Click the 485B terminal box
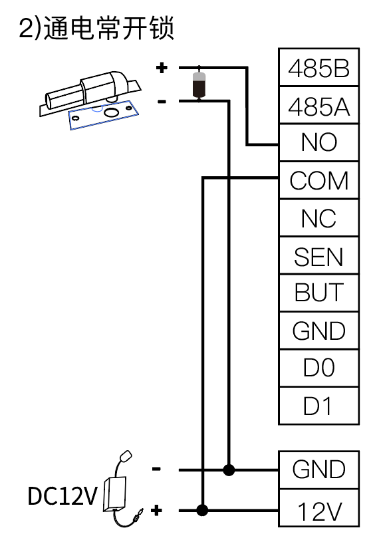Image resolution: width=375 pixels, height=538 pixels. tap(318, 67)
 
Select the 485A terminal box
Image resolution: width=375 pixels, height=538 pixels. tap(318, 105)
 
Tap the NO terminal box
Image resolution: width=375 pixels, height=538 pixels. tap(318, 143)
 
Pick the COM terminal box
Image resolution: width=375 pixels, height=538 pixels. tap(318, 180)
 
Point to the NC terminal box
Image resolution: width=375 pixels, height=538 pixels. tap(318, 218)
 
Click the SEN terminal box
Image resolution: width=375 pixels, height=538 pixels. tap(318, 255)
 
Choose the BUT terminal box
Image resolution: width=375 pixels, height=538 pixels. tap(318, 293)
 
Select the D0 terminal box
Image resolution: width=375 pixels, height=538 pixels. tap(318, 368)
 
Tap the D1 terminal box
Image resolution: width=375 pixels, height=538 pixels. tap(318, 406)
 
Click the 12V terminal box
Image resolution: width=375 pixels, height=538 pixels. tap(318, 508)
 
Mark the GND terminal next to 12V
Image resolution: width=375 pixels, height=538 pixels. tap(318, 470)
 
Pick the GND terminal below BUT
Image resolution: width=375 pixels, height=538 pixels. tap(318, 331)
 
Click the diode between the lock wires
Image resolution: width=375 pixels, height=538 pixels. tap(199, 84)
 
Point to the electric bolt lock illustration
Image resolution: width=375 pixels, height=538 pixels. tap(90, 100)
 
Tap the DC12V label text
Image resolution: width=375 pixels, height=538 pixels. tap(62, 496)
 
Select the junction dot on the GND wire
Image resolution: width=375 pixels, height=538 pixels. tap(229, 470)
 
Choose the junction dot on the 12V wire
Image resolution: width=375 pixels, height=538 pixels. tap(202, 510)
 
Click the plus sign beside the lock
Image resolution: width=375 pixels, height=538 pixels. tap(162, 68)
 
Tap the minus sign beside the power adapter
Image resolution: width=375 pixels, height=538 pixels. tap(156, 469)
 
